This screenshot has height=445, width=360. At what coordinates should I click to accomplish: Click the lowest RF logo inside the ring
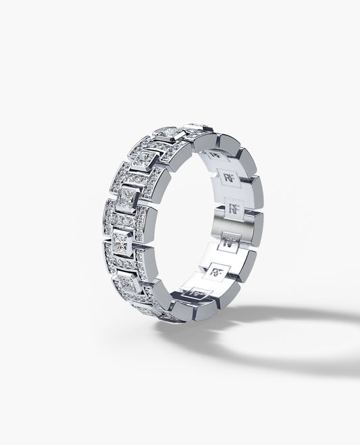click(x=198, y=292)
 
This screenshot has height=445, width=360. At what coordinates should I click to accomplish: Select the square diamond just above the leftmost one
click(x=126, y=198)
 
